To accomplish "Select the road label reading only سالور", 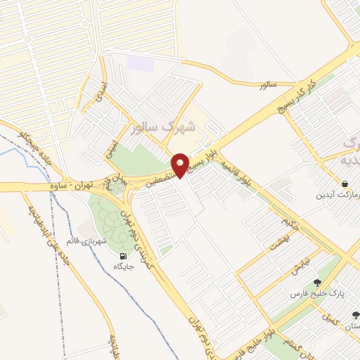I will tap(269, 84).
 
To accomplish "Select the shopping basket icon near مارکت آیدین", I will tap(345, 184).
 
